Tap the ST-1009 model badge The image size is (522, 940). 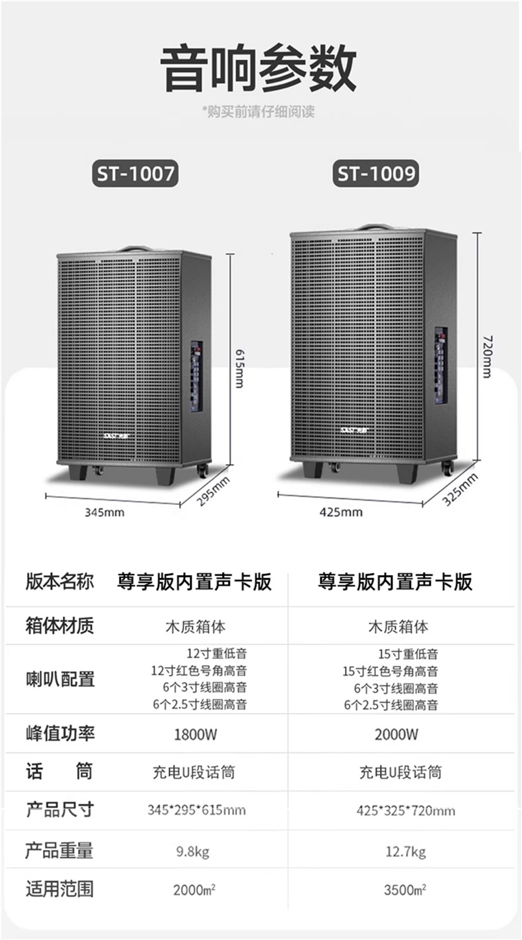pyautogui.click(x=377, y=173)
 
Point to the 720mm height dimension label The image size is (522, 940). pyautogui.click(x=486, y=356)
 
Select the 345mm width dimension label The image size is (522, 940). pyautogui.click(x=104, y=512)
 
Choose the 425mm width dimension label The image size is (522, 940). pyautogui.click(x=341, y=512)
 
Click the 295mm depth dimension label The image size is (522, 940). pyautogui.click(x=213, y=491)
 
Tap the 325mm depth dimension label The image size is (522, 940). pyautogui.click(x=460, y=489)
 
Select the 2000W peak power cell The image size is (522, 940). pyautogui.click(x=396, y=734)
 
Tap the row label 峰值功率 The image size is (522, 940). pyautogui.click(x=59, y=733)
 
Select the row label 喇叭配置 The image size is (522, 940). pyautogui.click(x=59, y=679)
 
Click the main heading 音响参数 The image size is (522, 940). pyautogui.click(x=260, y=68)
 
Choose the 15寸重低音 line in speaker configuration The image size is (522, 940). pyautogui.click(x=408, y=654)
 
